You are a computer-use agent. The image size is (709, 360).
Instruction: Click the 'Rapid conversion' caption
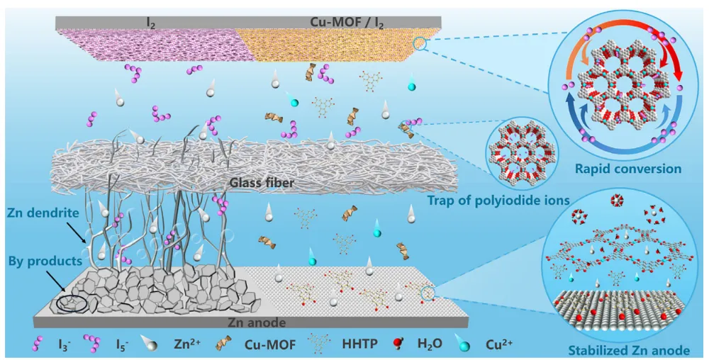tap(637, 169)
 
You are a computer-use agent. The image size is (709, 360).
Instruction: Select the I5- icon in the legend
tap(91, 344)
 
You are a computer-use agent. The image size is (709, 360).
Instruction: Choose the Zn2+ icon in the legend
tap(150, 344)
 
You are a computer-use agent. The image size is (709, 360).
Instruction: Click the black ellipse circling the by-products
tap(73, 303)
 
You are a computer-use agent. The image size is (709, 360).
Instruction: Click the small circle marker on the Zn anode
tap(428, 293)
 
